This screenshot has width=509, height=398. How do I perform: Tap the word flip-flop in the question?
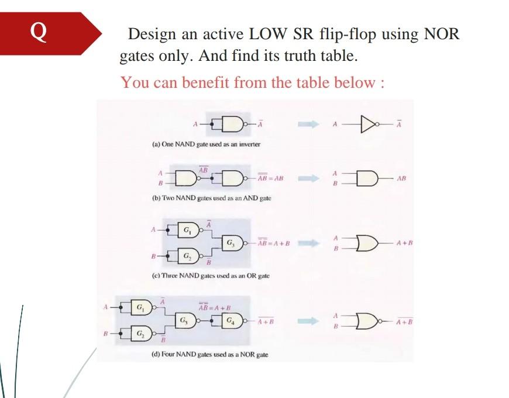pyautogui.click(x=346, y=34)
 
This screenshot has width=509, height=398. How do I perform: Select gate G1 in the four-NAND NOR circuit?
pyautogui.click(x=140, y=306)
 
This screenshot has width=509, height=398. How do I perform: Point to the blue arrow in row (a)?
pyautogui.click(x=308, y=124)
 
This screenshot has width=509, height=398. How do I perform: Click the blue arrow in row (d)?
pyautogui.click(x=308, y=321)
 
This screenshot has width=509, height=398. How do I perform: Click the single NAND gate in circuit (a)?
pyautogui.click(x=232, y=124)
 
